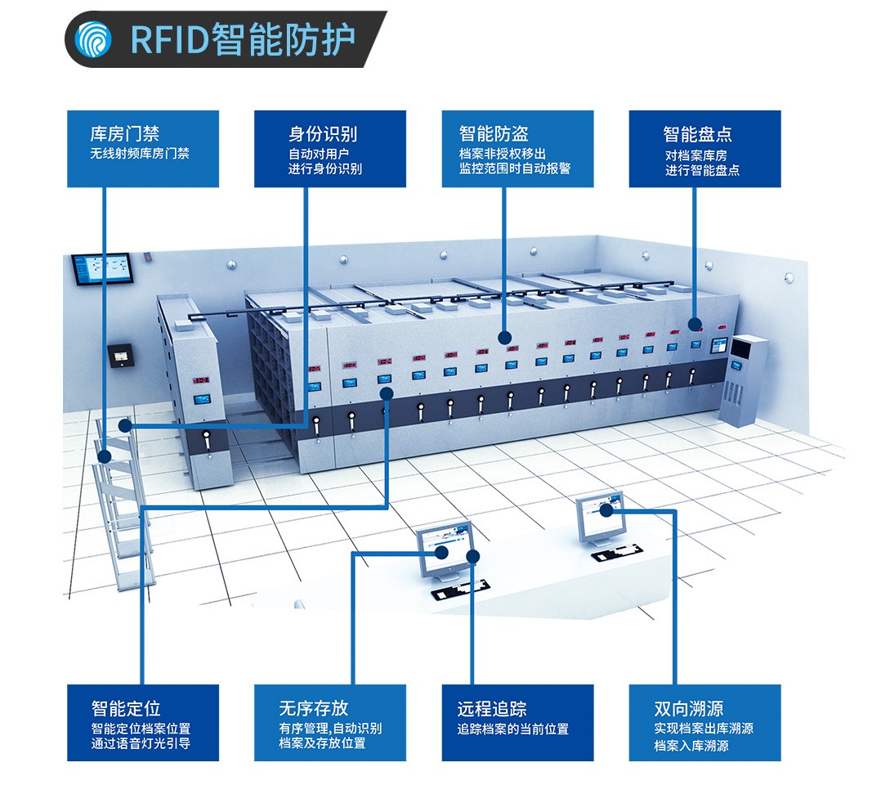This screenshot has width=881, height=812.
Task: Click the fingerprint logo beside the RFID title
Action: (93, 38)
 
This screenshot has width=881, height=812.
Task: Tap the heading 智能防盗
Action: (494, 133)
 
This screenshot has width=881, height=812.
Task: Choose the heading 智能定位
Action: (125, 708)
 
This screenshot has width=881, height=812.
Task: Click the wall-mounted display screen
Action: (101, 269)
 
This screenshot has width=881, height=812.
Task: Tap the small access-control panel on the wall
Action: (121, 356)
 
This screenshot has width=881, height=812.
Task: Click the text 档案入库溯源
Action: (691, 746)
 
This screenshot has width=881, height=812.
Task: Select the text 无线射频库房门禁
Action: (139, 154)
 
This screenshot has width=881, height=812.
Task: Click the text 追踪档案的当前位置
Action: (512, 729)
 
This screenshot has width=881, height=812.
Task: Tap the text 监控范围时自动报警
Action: (515, 169)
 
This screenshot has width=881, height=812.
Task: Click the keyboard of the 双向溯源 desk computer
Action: (614, 554)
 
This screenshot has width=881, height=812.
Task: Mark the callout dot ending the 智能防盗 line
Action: (504, 337)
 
